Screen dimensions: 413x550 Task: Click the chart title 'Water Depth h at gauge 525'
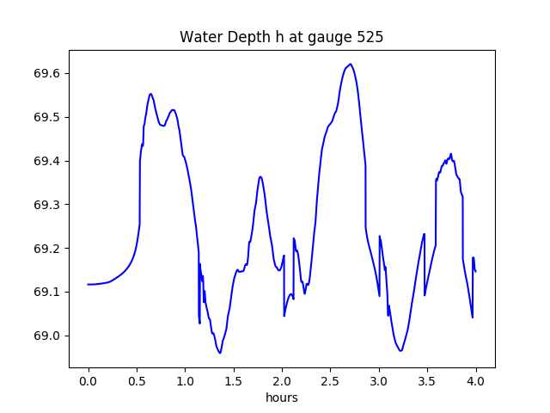click(x=281, y=38)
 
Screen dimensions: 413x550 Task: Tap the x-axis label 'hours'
click(x=281, y=398)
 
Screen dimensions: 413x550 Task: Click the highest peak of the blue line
click(x=351, y=65)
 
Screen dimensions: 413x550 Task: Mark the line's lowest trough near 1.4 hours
click(x=220, y=353)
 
